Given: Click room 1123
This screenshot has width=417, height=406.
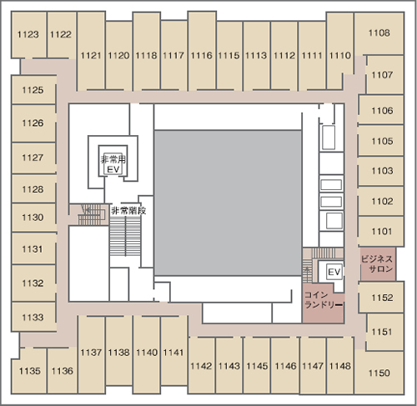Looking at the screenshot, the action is tap(28, 35).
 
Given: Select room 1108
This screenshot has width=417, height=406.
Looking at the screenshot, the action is tap(379, 33).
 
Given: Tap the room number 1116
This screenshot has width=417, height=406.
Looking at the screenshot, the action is tap(202, 56).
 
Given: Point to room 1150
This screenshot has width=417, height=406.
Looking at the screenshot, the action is tap(379, 373).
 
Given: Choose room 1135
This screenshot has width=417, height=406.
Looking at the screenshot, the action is tap(29, 371).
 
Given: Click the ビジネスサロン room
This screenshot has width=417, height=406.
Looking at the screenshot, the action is tap(378, 264).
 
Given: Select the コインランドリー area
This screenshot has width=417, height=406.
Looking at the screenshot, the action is tap(324, 303).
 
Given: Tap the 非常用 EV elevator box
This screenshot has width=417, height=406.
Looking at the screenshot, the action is tap(113, 161).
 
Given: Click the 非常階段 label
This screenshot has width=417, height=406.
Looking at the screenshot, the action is tap(128, 210).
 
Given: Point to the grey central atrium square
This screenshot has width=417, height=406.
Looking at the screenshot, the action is tap(228, 203).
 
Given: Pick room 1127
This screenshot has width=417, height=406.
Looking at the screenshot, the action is tap(33, 158).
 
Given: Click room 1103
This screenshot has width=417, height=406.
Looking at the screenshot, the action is tap(381, 171).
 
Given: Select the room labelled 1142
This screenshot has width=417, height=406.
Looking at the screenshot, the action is tap(202, 365).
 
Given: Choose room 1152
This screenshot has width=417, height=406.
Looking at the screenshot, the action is tap(381, 298).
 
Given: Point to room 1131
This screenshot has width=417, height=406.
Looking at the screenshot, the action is tap(33, 248).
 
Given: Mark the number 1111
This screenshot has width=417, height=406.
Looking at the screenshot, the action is tap(312, 56).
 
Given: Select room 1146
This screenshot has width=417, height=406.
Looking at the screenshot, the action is tap(285, 365).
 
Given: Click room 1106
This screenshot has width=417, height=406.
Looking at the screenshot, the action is tap(381, 110).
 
